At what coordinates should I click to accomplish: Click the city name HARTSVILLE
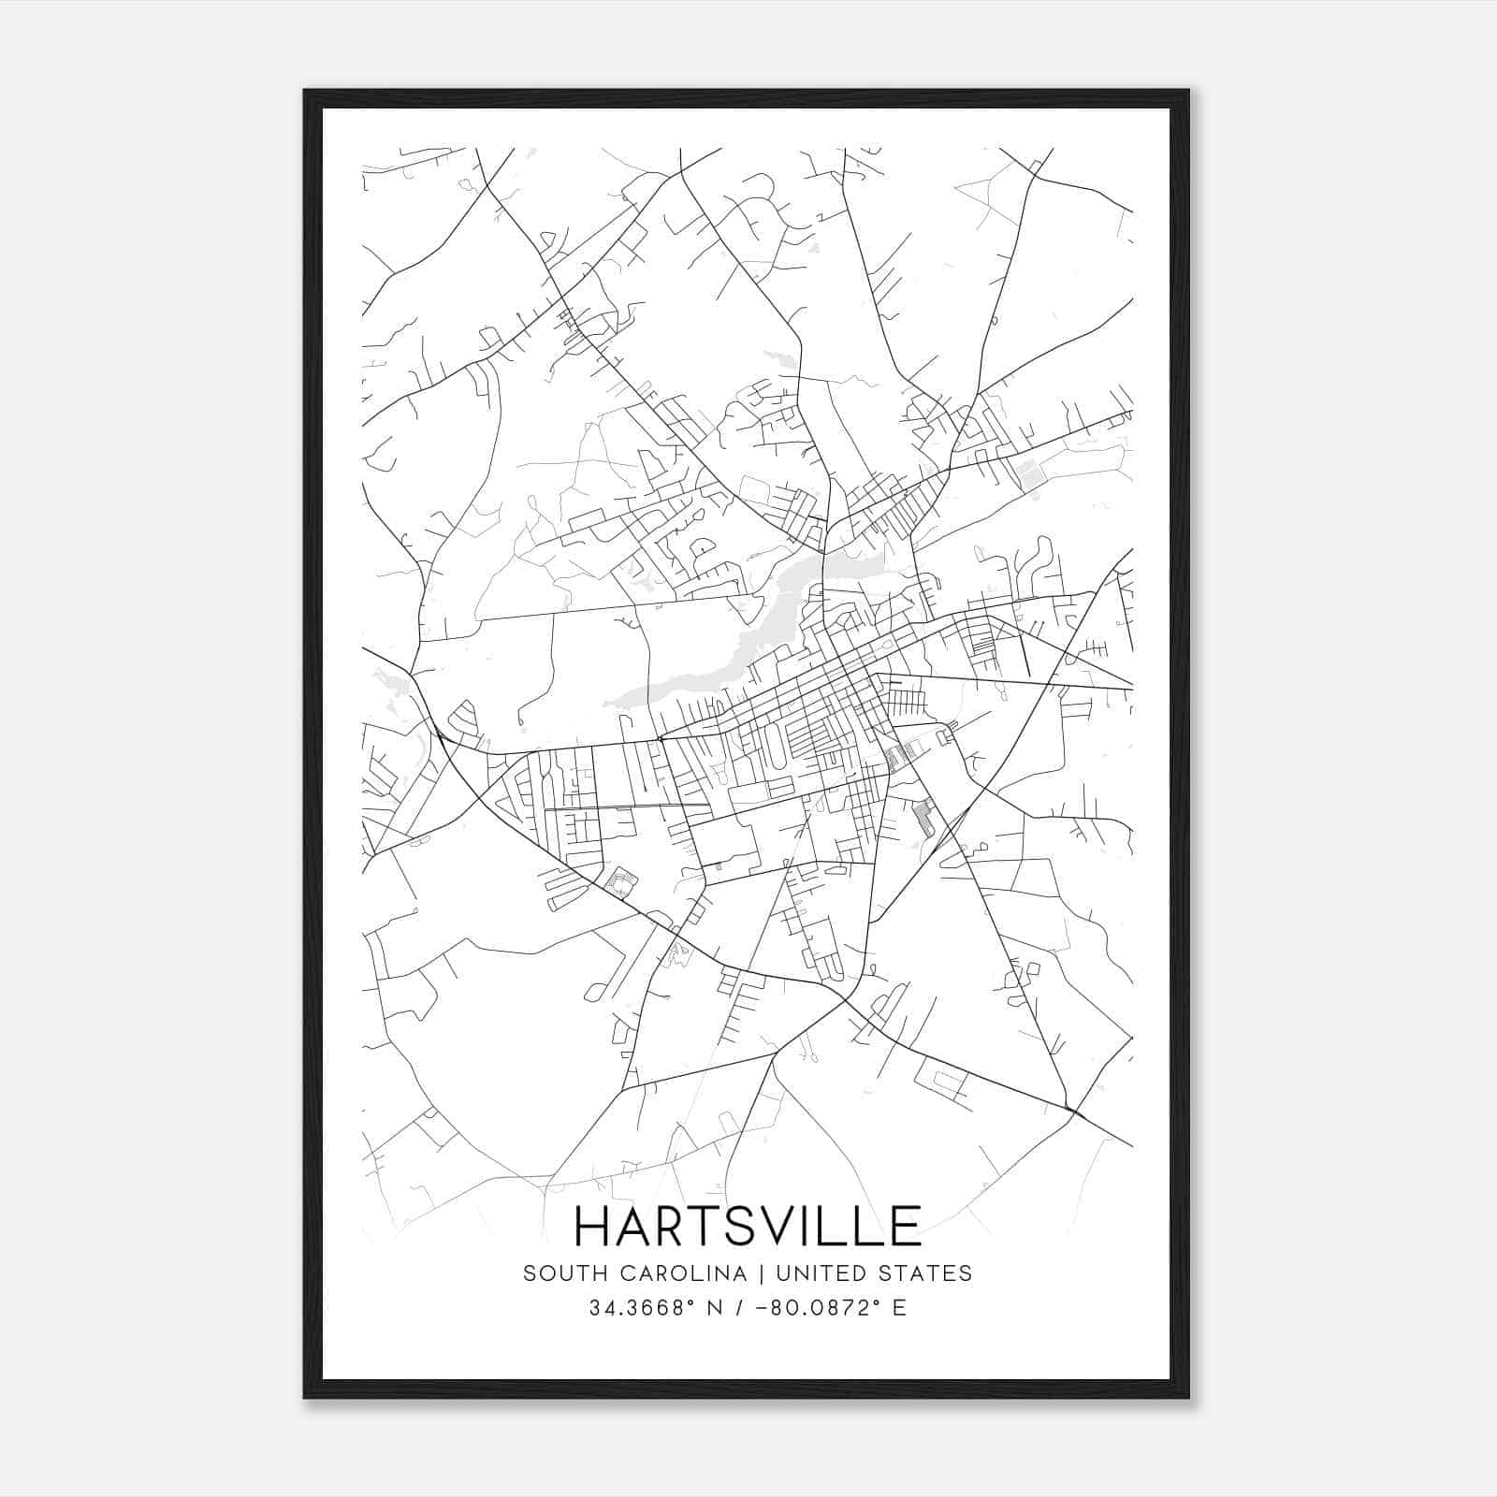(x=748, y=1226)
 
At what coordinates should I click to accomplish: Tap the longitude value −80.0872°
(x=813, y=1308)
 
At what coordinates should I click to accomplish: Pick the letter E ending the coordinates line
(x=900, y=1308)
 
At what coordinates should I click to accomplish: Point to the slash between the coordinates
(x=740, y=1308)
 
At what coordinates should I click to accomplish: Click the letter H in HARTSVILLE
(x=593, y=1226)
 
